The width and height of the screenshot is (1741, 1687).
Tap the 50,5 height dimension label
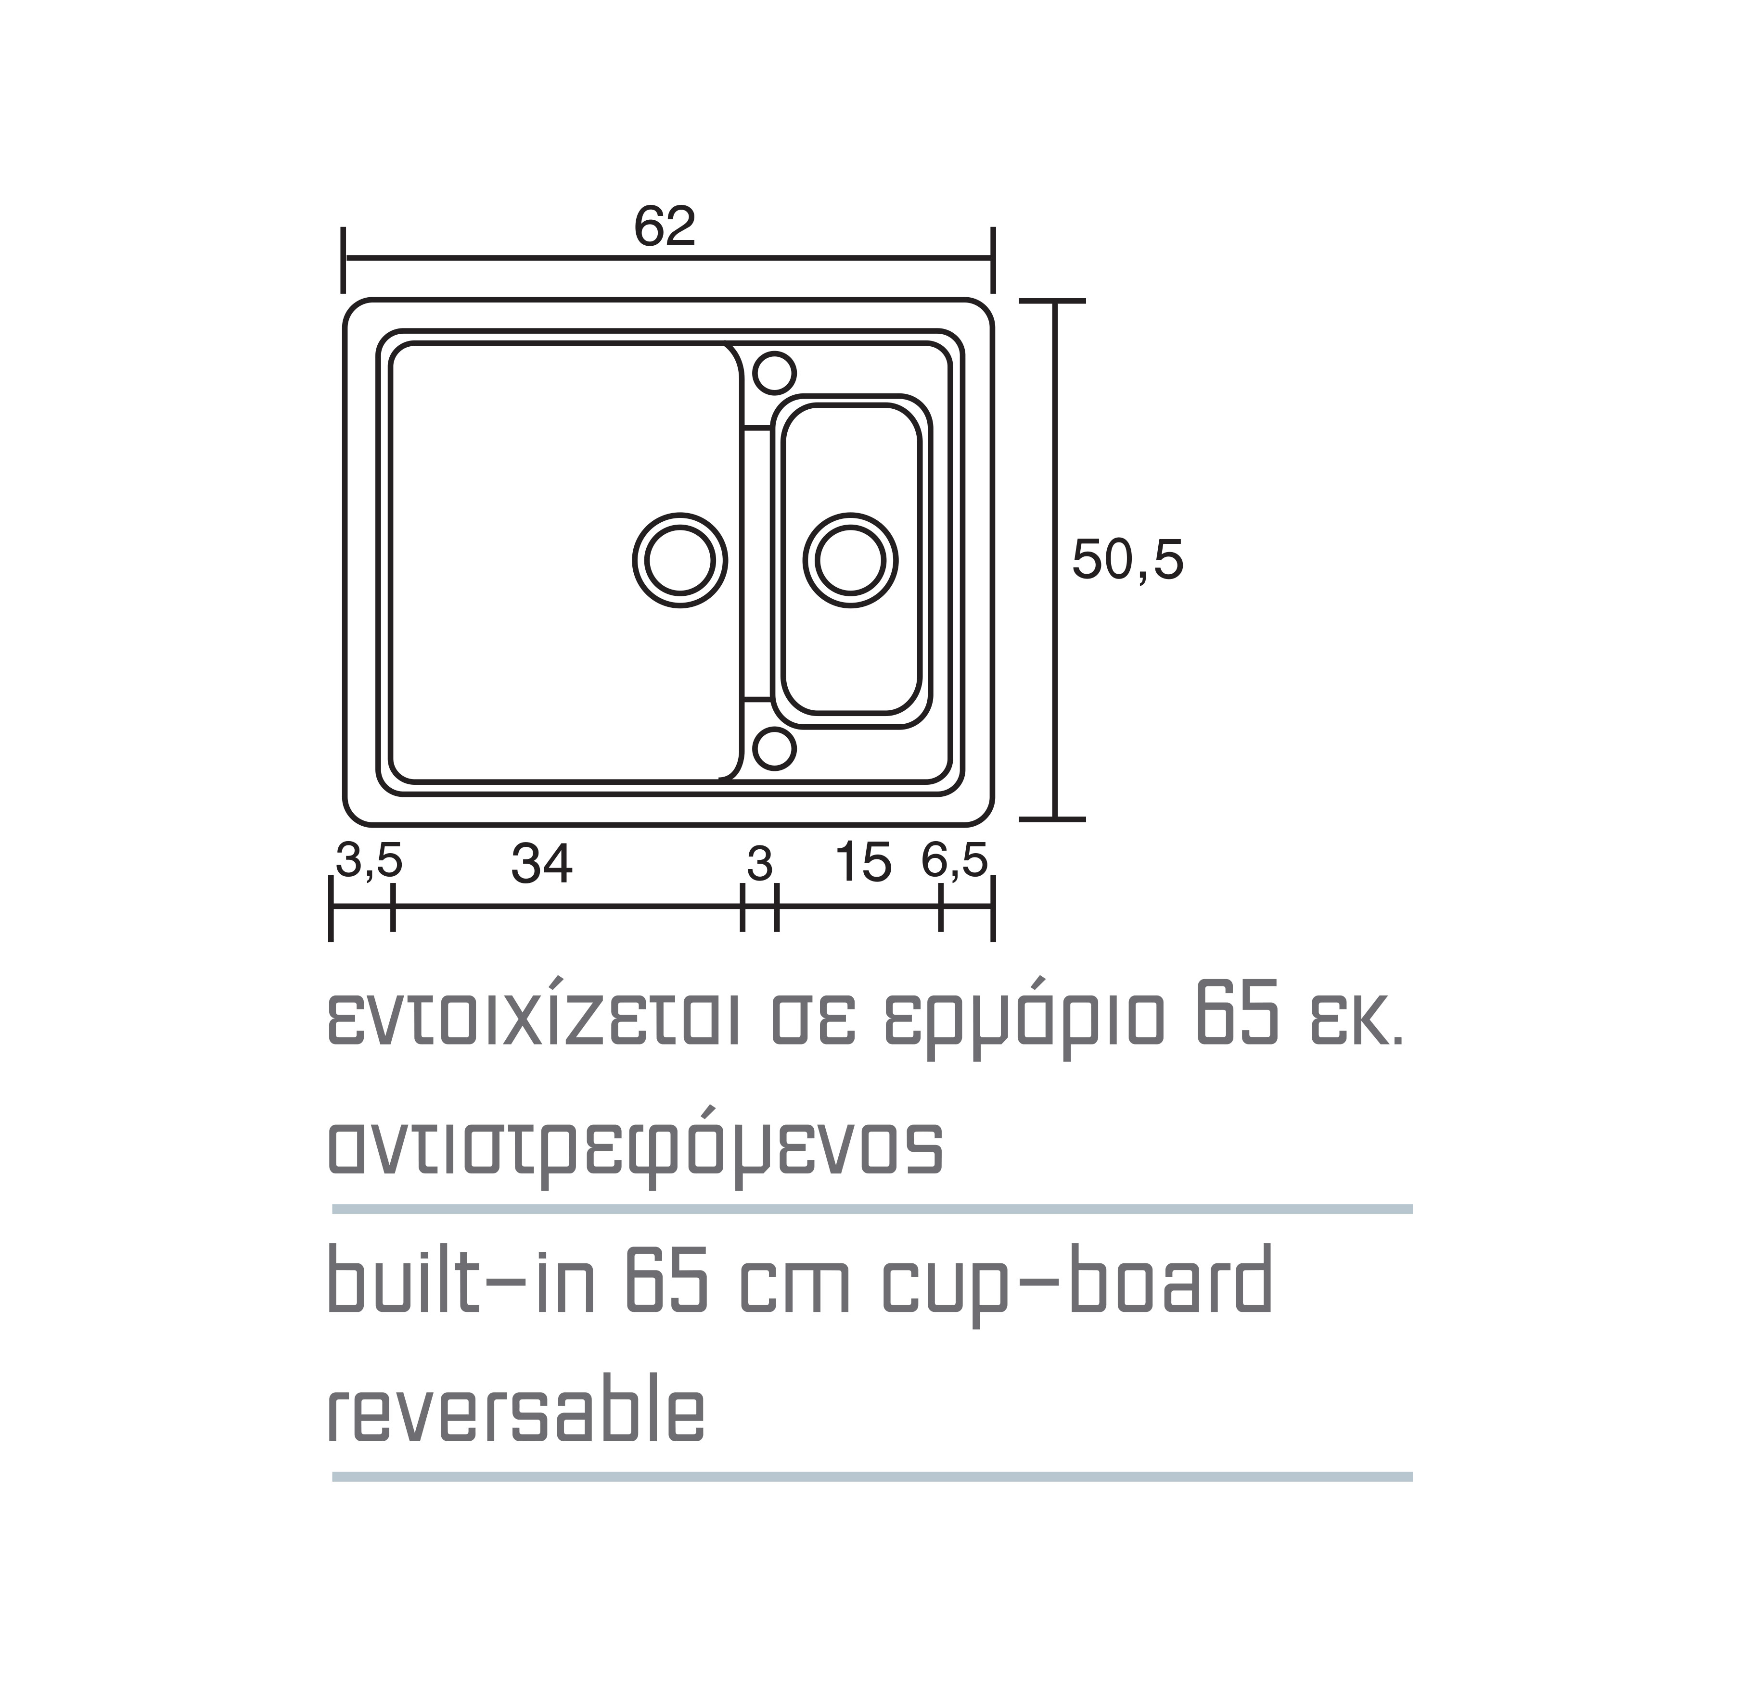point(1127,559)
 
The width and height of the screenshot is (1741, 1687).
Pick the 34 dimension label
point(542,863)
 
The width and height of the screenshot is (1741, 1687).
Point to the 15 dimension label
point(863,863)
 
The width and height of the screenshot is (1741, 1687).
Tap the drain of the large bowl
point(679,560)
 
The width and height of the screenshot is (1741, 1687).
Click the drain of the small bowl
point(850,560)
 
